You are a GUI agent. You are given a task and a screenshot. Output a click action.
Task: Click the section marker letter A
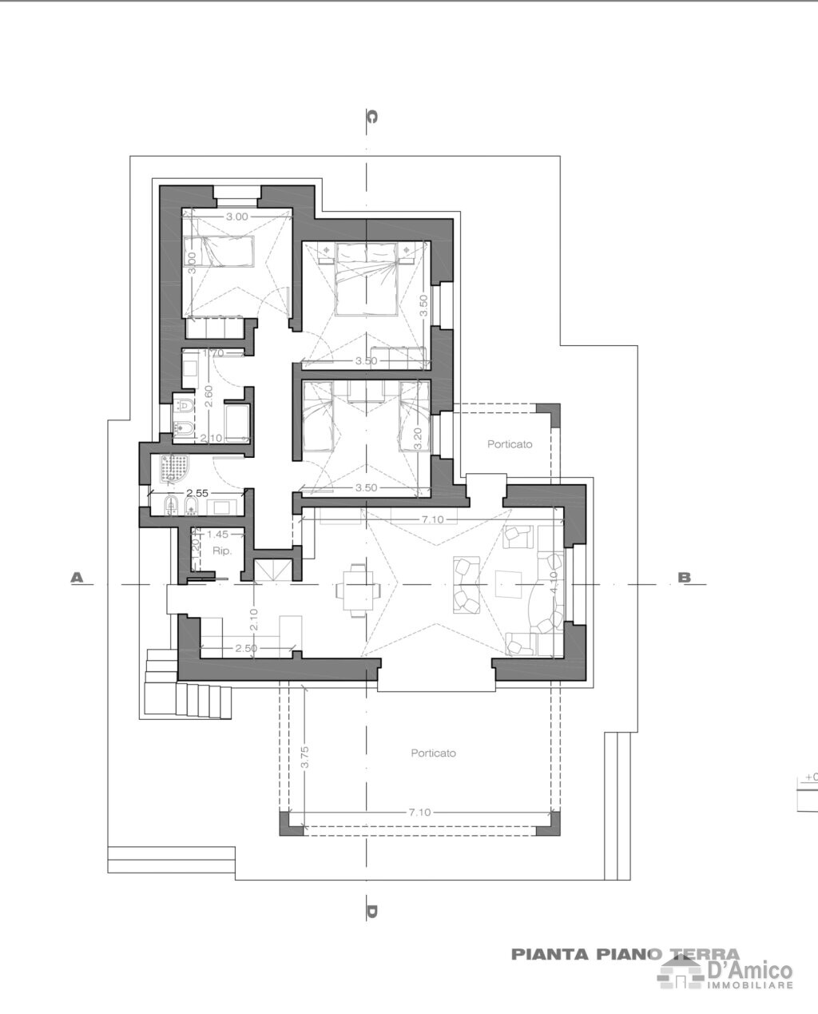(77, 577)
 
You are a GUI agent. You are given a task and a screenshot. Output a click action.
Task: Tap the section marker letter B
(685, 577)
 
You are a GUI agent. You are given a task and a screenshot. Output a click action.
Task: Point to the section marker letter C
(371, 117)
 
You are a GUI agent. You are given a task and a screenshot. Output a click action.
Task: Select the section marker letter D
(371, 911)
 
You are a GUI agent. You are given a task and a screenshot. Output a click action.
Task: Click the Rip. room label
(221, 551)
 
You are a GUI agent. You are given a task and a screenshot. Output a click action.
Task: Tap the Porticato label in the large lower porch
(433, 753)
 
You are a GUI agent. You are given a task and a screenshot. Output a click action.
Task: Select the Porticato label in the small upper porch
(510, 444)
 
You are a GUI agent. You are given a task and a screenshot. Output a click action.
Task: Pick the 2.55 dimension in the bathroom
(197, 493)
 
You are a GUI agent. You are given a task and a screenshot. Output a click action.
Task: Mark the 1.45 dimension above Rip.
(217, 534)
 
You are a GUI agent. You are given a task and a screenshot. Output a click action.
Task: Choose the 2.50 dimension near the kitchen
(245, 648)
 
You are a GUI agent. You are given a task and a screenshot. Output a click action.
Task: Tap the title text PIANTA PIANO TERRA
(625, 954)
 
